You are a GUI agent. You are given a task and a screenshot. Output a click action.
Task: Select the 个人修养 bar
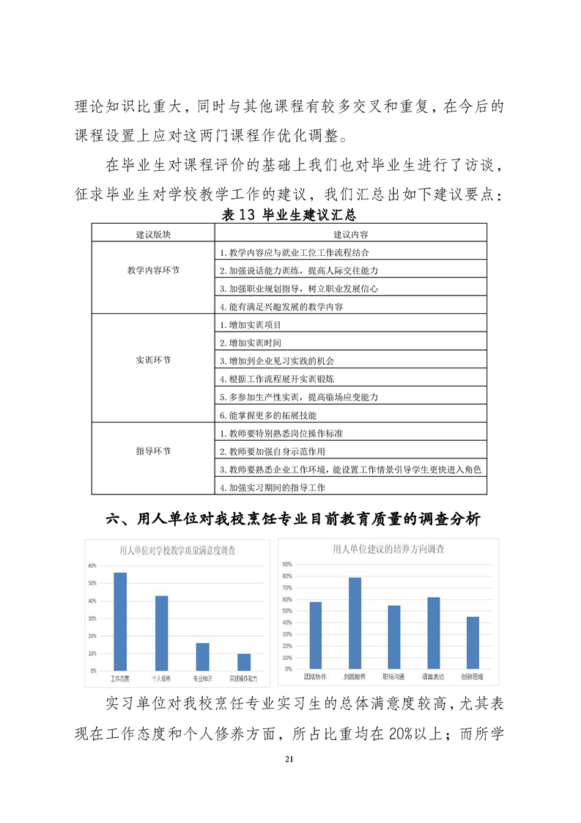point(161,633)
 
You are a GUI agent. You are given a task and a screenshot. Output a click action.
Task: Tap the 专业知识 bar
point(202,656)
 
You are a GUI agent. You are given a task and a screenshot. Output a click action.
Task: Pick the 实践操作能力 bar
point(243,662)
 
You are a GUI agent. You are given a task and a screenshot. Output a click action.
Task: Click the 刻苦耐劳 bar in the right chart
point(355,623)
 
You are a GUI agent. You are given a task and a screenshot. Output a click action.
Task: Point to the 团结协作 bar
point(315,634)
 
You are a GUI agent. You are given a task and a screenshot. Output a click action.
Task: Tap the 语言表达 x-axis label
point(433,675)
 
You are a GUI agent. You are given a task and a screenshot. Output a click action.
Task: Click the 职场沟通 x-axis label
point(393,675)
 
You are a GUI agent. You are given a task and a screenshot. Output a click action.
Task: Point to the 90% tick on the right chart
point(286,564)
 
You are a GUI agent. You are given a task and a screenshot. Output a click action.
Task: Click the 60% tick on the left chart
point(92,566)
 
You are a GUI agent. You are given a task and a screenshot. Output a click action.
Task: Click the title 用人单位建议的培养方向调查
point(388,548)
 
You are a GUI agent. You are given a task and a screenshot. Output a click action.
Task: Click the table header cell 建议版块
point(153,234)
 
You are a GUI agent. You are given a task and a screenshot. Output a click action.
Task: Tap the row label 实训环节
point(153,360)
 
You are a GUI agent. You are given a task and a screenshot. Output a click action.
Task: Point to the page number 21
point(290,778)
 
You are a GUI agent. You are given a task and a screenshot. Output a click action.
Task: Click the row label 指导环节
point(153,450)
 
